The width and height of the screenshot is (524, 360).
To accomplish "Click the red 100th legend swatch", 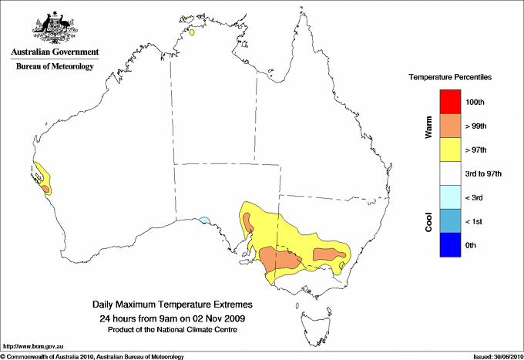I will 449,102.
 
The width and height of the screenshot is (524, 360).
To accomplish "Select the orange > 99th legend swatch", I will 449,126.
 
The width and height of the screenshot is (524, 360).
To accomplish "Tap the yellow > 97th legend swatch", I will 449,150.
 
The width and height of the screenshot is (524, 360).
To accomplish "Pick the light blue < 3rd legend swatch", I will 449,197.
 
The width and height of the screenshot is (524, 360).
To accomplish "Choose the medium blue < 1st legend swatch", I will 449,221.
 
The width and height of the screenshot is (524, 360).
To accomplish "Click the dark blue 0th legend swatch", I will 449,245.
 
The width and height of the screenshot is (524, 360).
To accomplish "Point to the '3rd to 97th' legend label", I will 484,174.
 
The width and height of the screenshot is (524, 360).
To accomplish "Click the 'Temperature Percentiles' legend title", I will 450,78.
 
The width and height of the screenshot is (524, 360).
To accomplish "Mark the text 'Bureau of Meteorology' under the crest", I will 55,66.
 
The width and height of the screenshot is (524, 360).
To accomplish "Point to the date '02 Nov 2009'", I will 219,318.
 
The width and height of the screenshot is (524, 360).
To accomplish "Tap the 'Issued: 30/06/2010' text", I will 495,356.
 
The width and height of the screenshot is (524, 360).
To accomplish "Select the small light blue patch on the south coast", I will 204,220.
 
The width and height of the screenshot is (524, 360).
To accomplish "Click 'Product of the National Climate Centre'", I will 173,330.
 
